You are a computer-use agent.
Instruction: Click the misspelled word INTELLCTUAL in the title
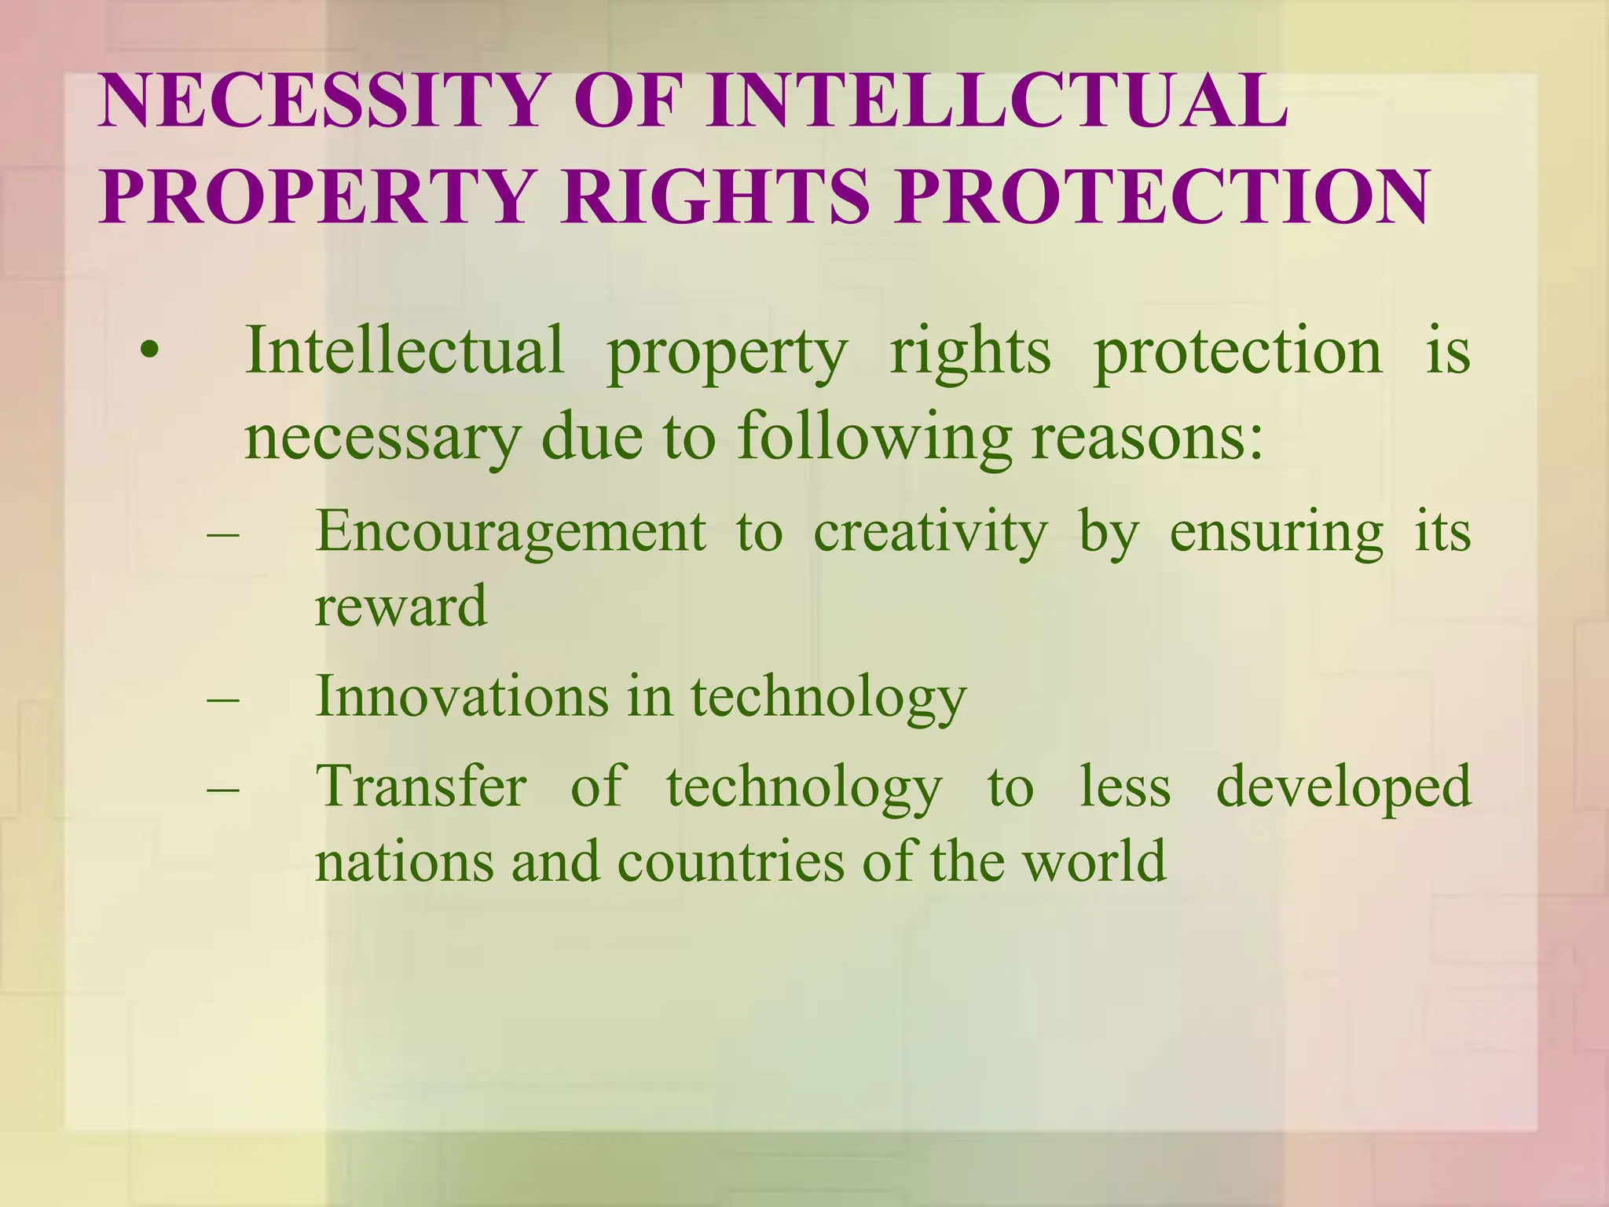point(996,103)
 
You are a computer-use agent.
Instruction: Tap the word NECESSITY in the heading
point(322,103)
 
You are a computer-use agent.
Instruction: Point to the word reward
point(401,607)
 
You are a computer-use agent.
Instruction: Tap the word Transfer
point(421,786)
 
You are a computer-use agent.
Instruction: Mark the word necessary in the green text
point(382,438)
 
